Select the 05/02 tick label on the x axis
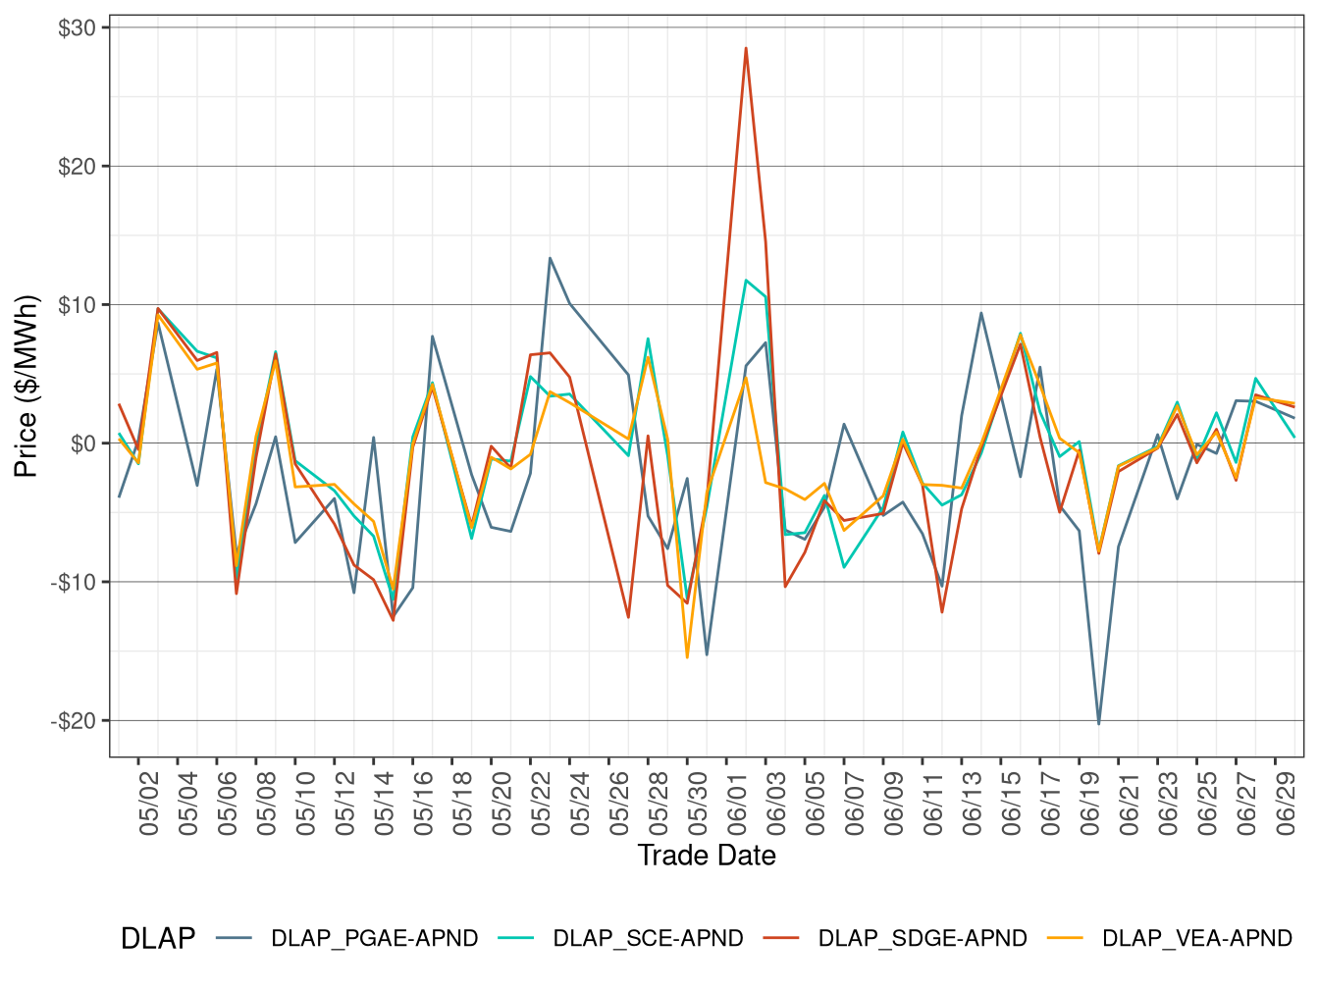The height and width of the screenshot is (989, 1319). point(149,804)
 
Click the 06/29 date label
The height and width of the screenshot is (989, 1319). point(1286,804)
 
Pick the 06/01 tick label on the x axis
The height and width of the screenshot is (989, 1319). point(737,804)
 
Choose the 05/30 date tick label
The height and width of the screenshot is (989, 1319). point(698,804)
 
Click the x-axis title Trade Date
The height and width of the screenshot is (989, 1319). point(707,856)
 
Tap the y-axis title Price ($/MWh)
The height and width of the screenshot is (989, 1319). point(26,386)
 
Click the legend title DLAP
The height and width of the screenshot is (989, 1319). point(157,939)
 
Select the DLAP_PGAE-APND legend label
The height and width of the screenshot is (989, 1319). point(375,939)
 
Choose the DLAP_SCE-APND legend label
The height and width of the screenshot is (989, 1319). point(649,939)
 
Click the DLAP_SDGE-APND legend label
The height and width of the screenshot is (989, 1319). point(923,939)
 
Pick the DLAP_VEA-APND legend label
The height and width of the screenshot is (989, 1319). point(1197,939)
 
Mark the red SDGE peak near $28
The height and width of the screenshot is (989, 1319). point(746,48)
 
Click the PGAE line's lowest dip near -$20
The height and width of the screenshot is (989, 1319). point(1098,724)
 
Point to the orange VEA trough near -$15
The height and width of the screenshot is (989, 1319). point(687,657)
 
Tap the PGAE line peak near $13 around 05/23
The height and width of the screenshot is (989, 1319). point(550,258)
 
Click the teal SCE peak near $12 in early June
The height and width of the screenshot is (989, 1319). point(746,281)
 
